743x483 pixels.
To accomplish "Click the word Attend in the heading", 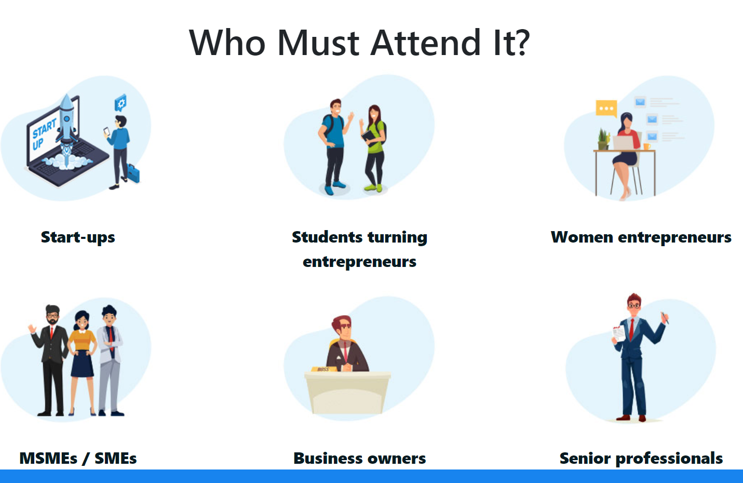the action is click(425, 43).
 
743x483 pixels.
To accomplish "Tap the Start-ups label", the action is click(78, 237).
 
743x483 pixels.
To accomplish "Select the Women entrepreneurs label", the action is click(641, 237).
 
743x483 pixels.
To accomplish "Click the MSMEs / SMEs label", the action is click(78, 458).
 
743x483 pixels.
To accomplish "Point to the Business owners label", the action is click(360, 458).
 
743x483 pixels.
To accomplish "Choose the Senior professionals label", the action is click(641, 458).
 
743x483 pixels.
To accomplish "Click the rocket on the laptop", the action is click(67, 123).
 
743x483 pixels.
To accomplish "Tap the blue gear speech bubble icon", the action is click(120, 103).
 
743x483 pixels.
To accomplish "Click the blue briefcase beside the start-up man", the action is click(133, 173).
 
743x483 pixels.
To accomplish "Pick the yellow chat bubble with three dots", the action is click(606, 109).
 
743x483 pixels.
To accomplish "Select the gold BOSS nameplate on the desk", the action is click(324, 369).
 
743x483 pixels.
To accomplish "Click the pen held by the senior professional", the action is click(665, 317).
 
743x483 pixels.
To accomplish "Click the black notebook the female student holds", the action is click(369, 138).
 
